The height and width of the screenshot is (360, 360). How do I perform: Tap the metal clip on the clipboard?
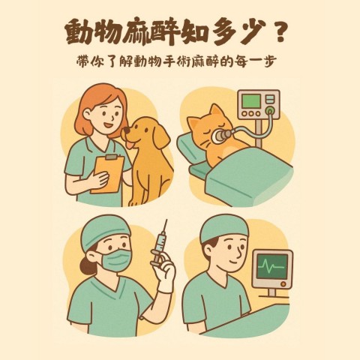111,157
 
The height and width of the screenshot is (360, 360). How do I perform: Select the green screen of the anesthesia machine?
250,101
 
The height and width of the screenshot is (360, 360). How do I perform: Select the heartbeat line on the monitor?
271,265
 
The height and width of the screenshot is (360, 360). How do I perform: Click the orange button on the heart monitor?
283,284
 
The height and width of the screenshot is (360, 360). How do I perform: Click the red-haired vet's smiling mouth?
109,124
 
